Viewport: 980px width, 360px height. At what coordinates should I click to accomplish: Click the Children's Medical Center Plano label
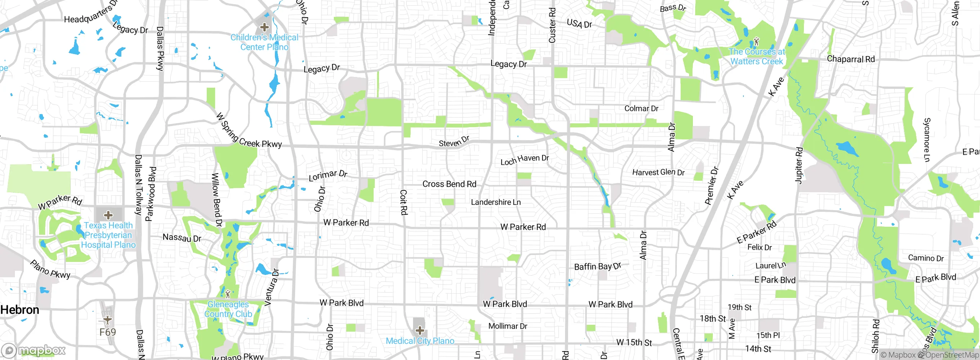point(264,42)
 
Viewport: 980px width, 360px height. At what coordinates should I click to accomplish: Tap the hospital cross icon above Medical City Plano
point(420,330)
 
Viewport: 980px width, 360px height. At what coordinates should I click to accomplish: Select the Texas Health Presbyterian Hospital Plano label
point(108,235)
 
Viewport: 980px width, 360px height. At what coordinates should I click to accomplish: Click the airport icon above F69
point(108,319)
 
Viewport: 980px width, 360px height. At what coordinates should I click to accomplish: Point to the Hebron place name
point(20,310)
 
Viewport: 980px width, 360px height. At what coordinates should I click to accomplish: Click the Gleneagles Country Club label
point(228,309)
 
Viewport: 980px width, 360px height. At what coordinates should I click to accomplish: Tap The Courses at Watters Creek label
point(756,56)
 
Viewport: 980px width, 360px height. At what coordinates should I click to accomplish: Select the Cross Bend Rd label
point(449,184)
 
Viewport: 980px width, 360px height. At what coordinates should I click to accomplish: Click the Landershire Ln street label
point(496,202)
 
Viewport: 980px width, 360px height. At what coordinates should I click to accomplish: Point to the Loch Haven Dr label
point(525,160)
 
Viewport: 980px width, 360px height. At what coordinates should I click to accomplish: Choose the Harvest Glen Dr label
point(658,172)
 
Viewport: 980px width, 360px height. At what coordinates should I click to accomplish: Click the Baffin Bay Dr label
point(597,267)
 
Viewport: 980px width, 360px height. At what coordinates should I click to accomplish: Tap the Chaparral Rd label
point(851,59)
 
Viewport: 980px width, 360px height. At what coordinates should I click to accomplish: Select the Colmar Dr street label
point(641,109)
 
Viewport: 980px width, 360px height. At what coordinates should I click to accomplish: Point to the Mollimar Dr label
point(508,326)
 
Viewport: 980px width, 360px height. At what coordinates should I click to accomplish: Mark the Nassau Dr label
point(182,238)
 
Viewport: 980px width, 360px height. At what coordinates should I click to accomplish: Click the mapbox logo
point(34,350)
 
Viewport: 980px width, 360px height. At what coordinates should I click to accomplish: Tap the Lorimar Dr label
point(328,175)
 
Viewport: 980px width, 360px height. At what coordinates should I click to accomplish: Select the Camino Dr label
point(926,258)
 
